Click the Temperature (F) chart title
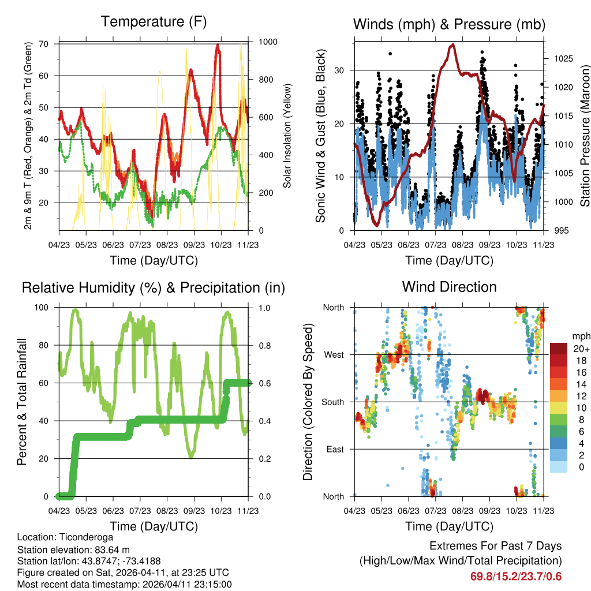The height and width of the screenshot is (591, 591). point(154,22)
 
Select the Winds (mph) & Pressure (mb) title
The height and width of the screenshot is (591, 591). point(449,24)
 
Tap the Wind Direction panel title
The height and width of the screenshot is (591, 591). point(449,287)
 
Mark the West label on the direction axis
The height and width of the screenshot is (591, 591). point(334,354)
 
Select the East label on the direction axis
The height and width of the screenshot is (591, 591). point(335,449)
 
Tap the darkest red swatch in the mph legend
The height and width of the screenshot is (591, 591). point(558,349)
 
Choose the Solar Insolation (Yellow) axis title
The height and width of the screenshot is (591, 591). point(287,136)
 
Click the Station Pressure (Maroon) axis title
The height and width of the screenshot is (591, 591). point(584,136)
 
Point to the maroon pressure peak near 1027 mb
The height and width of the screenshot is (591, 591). point(453,45)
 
